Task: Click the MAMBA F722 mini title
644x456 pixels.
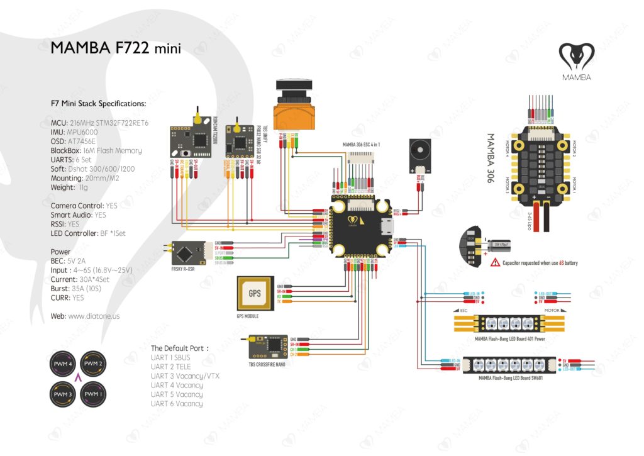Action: coord(116,48)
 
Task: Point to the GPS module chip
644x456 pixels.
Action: coord(254,293)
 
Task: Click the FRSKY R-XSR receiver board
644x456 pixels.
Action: coord(186,254)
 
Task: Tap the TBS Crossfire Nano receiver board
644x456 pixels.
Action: coord(267,345)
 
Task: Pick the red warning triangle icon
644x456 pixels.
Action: coord(496,262)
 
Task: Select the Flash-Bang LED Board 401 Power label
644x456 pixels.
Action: coord(510,338)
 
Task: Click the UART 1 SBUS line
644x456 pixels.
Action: coord(172,357)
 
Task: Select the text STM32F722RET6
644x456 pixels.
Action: coord(118,123)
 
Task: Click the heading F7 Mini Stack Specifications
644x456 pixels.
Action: coord(98,103)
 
